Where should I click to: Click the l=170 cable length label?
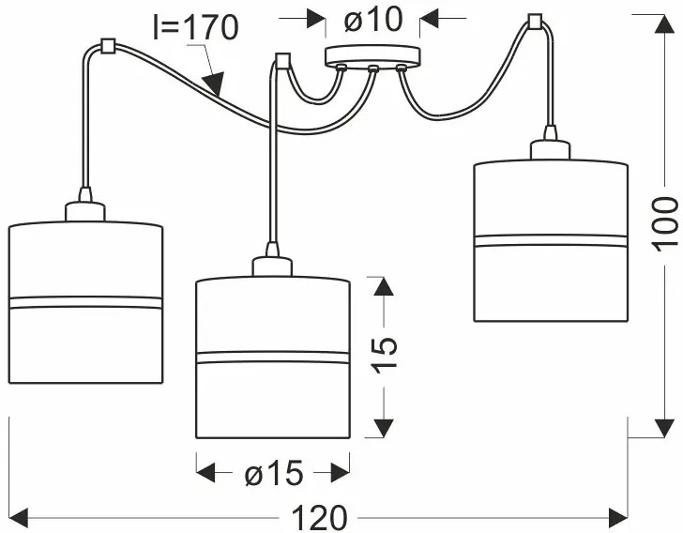[x=195, y=28]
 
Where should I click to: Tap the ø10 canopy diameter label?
[x=373, y=19]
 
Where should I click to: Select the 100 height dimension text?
[x=665, y=223]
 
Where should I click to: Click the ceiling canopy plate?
[x=372, y=56]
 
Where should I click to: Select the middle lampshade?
[x=272, y=357]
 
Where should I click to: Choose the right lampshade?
[x=550, y=240]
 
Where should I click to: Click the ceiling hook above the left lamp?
[x=106, y=45]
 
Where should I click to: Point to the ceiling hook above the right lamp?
[x=536, y=20]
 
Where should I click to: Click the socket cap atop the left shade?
[x=85, y=209]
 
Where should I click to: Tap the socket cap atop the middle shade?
[x=272, y=264]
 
